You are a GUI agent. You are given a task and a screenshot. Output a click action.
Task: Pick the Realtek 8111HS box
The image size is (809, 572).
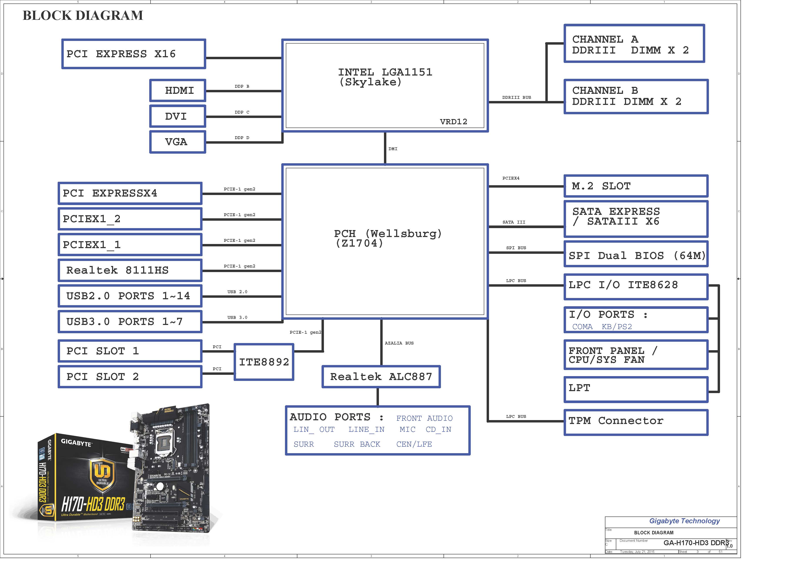pyautogui.click(x=130, y=271)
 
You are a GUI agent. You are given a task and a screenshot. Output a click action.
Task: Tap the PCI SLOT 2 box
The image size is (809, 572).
pyautogui.click(x=130, y=377)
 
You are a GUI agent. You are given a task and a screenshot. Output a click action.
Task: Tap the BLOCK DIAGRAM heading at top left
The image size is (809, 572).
pyautogui.click(x=83, y=15)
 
